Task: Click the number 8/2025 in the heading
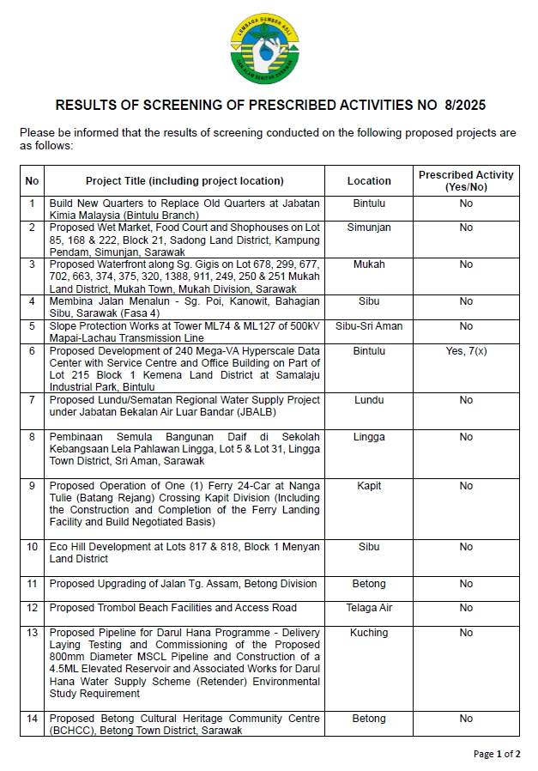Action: click(x=465, y=106)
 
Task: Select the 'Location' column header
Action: click(x=369, y=180)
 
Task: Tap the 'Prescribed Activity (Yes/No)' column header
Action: click(x=466, y=180)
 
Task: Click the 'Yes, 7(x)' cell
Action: click(x=466, y=351)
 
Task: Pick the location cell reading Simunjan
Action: click(x=369, y=228)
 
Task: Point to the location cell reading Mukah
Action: click(x=369, y=264)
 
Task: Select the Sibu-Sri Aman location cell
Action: click(x=369, y=326)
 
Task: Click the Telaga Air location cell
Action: click(x=369, y=608)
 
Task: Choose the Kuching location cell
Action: click(x=369, y=633)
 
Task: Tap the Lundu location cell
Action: click(x=369, y=400)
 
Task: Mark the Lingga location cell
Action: click(x=369, y=437)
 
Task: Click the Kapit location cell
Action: click(x=369, y=486)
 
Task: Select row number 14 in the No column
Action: click(x=33, y=719)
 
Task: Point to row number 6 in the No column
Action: click(x=33, y=351)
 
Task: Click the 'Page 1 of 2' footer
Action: click(x=497, y=754)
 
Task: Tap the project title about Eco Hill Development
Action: click(x=184, y=553)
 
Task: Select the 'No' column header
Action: click(x=33, y=180)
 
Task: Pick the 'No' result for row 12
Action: click(x=466, y=608)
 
